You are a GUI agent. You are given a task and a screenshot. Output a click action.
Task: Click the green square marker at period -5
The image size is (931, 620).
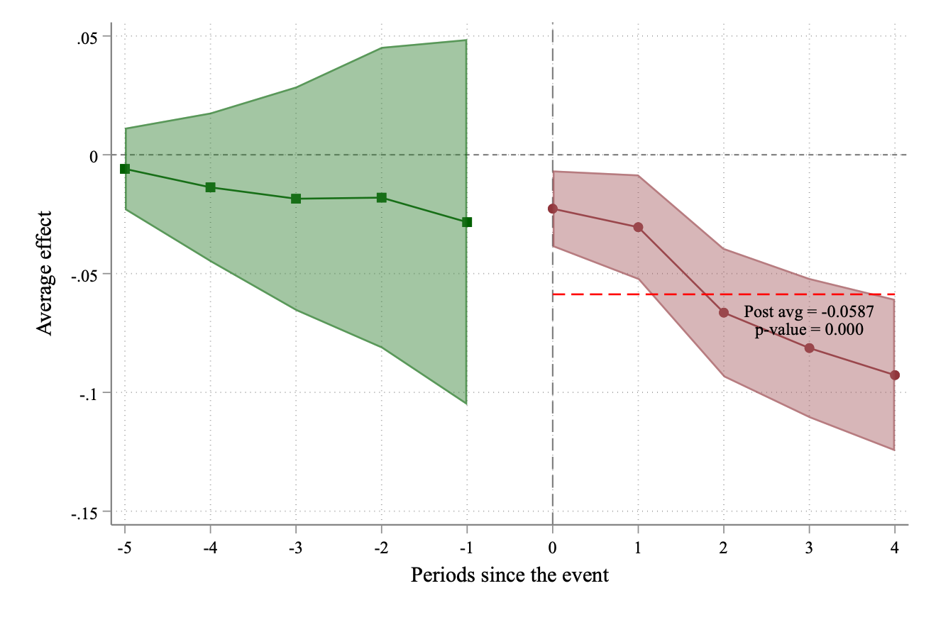pos(125,169)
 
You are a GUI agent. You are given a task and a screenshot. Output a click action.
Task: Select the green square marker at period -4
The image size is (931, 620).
pos(211,187)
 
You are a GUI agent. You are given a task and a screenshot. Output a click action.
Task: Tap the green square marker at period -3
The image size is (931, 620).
pos(296,199)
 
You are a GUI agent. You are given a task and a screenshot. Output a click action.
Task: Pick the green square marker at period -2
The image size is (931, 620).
pos(382,197)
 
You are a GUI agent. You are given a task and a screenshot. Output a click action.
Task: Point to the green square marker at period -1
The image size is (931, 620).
pos(467,222)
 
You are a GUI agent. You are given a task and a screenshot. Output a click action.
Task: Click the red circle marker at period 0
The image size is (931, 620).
pos(553,209)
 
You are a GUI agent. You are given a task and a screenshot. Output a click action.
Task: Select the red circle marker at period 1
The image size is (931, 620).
pos(638,227)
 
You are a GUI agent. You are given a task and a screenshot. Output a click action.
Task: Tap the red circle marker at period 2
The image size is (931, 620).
pos(724,313)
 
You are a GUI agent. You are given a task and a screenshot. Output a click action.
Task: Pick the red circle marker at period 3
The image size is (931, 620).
pos(810,348)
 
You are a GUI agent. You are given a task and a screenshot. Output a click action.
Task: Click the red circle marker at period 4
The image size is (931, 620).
pos(895,375)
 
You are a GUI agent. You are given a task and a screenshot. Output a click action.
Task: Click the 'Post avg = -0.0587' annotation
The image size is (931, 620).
pos(808,311)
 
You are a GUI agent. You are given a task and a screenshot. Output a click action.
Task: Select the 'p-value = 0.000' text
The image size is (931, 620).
pos(808,329)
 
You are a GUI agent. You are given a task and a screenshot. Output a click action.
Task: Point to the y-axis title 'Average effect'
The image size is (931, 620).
pos(45,273)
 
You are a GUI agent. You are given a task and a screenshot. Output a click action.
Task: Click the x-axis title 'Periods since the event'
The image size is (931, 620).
pos(509,575)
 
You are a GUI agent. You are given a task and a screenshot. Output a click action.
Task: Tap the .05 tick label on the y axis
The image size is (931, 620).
pos(89,36)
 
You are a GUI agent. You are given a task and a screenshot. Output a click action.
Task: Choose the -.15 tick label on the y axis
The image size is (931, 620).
pos(87,511)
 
